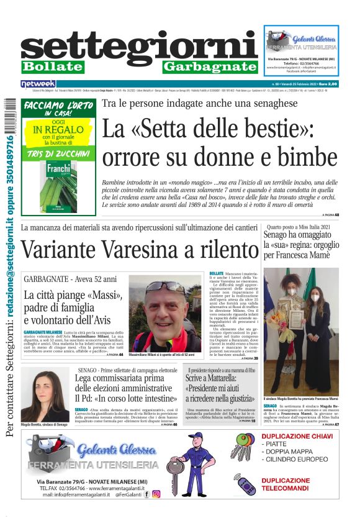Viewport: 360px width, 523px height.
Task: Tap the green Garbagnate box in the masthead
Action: point(210,66)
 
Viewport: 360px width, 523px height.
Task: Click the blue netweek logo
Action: point(38,84)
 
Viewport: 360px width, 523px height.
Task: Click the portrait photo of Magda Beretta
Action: point(45,394)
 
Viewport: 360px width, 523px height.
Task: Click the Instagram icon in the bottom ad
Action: point(156,494)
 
